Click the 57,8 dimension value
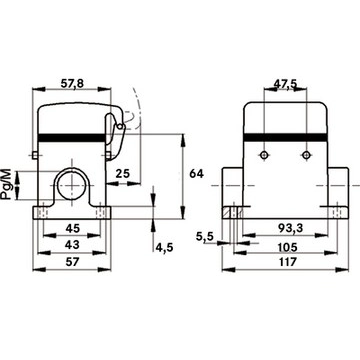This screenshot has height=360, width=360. tap(72, 84)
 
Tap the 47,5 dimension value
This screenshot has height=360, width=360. tap(285, 84)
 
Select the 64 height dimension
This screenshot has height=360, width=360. tap(196, 174)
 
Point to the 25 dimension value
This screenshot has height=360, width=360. tap(123, 173)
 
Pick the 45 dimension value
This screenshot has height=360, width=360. tap(72, 228)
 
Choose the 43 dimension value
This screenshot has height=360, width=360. tap(72, 245)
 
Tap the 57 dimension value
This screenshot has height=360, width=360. tap(72, 262)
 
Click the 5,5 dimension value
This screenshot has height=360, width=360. tap(204, 237)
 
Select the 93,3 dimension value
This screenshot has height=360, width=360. tap(290, 228)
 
